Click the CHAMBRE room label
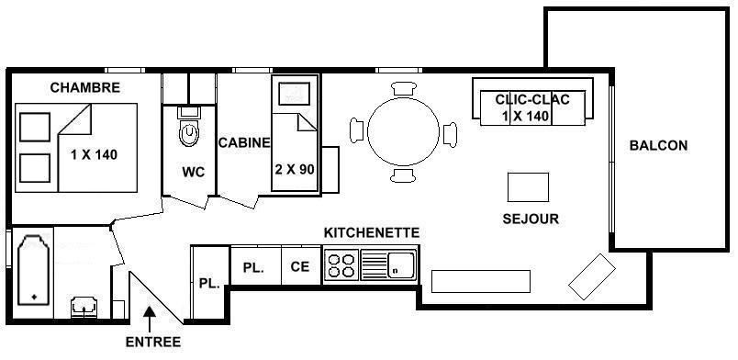[85, 87]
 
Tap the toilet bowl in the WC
[189, 132]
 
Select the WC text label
[194, 173]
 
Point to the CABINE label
[244, 142]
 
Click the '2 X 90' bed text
[295, 170]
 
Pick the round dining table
[403, 131]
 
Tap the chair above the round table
[404, 88]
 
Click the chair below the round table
[403, 174]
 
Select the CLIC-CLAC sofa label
[532, 99]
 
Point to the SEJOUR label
[531, 219]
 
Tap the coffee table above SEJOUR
[528, 187]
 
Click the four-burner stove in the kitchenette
[341, 265]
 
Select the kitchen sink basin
[400, 264]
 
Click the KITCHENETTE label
[372, 232]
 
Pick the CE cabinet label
[300, 266]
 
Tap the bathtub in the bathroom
[33, 270]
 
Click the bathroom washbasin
[84, 307]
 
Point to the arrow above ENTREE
[150, 320]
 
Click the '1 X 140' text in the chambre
[95, 154]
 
